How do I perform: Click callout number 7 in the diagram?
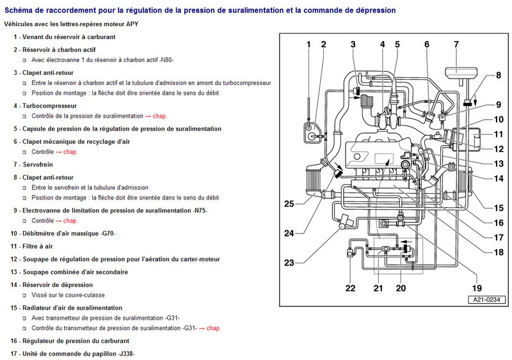coord(456,44)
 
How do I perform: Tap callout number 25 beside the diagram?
coord(289,204)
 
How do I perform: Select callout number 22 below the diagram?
coord(350,288)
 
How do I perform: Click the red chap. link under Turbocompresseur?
coord(195,116)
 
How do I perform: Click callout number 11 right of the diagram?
coord(499,135)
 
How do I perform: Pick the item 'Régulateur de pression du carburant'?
coord(76,341)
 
